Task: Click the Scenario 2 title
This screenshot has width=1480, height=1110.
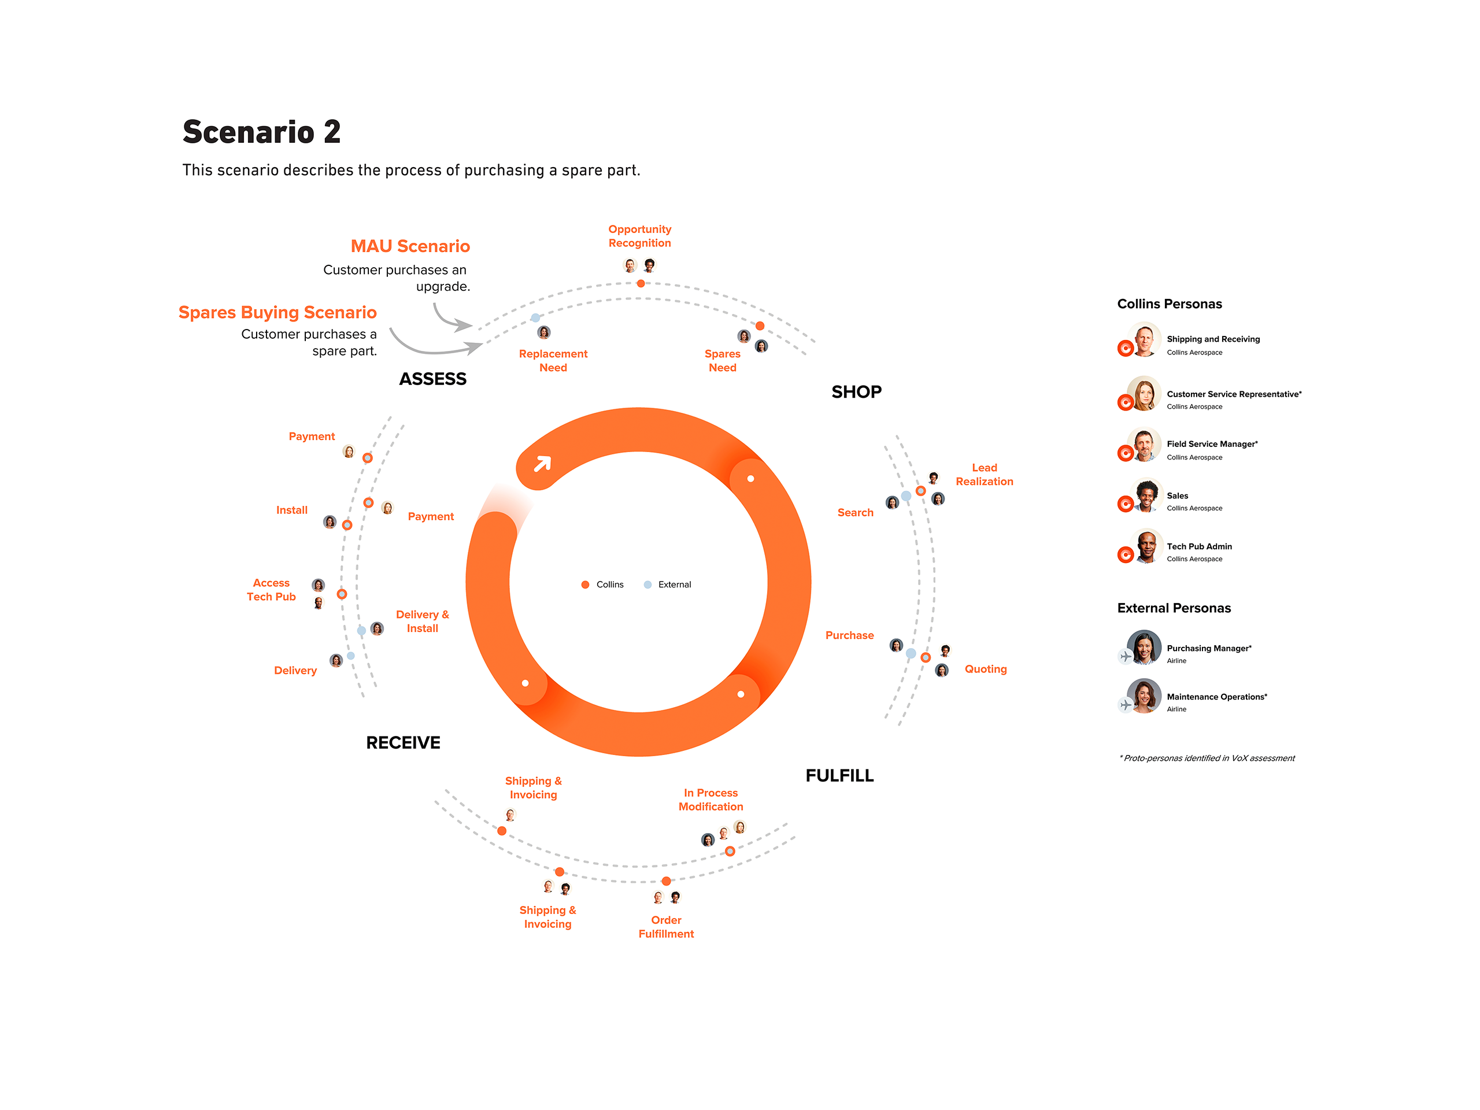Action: tap(262, 132)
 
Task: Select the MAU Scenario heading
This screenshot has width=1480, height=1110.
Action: tap(410, 246)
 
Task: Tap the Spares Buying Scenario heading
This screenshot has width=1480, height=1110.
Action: tap(277, 312)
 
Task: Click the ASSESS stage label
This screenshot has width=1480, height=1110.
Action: tap(432, 379)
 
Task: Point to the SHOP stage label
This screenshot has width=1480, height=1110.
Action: tap(856, 392)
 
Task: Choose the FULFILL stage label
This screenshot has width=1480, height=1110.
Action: tap(839, 775)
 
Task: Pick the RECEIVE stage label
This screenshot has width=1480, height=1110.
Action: tap(403, 743)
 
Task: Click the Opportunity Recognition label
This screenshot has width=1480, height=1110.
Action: tap(639, 236)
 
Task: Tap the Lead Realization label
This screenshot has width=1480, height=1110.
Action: tap(983, 475)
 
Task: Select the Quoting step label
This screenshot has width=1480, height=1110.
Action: tap(985, 669)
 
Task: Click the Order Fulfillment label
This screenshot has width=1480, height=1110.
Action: tap(666, 927)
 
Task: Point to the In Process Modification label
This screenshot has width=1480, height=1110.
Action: tap(711, 800)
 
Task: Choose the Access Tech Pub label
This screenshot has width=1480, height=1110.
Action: tap(271, 590)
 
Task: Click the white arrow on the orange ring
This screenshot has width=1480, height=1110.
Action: tap(542, 464)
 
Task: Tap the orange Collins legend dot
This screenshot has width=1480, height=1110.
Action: tap(585, 585)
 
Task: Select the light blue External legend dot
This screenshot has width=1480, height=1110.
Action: tap(647, 585)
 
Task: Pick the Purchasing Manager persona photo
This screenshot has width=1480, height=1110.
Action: tap(1144, 647)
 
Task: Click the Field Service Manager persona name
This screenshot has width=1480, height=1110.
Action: tap(1212, 444)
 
